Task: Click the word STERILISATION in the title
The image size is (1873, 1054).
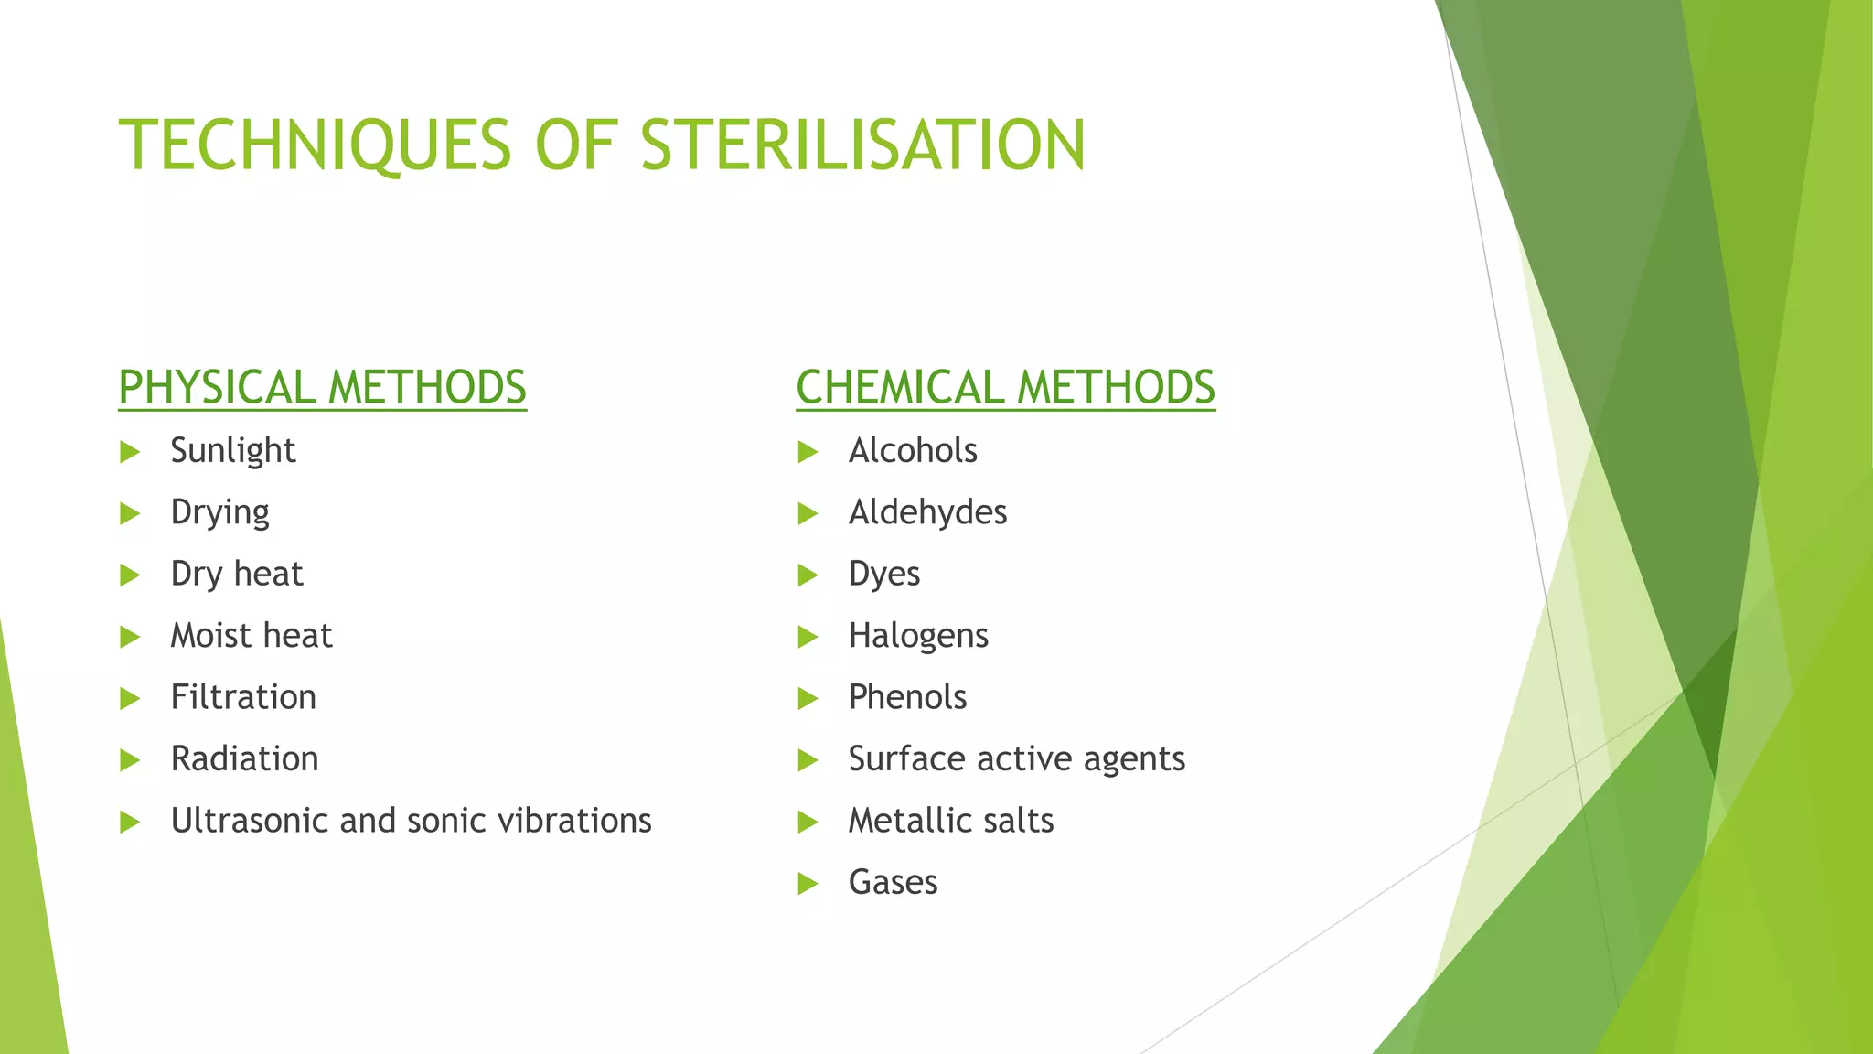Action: [x=862, y=145]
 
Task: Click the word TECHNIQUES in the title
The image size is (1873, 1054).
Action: [x=315, y=145]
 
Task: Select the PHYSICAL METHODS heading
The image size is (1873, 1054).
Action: [x=322, y=387]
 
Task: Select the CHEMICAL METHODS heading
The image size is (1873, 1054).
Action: [x=1005, y=387]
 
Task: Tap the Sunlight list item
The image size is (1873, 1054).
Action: [x=232, y=451]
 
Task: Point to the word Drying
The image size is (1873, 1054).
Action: [x=219, y=512]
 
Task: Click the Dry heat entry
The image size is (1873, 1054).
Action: [x=236, y=575]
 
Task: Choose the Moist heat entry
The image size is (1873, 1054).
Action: [x=251, y=636]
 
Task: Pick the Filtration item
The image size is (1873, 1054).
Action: [x=243, y=697]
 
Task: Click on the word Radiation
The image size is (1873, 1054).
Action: [x=244, y=759]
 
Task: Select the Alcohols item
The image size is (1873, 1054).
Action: [x=912, y=451]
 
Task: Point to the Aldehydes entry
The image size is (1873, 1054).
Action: [x=926, y=512]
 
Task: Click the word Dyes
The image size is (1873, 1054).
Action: [x=883, y=575]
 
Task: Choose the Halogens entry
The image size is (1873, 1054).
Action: [x=917, y=636]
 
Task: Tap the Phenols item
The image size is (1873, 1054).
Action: [x=906, y=697]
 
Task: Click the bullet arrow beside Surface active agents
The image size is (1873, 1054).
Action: [x=807, y=760]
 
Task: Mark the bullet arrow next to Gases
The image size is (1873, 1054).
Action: [x=807, y=884]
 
